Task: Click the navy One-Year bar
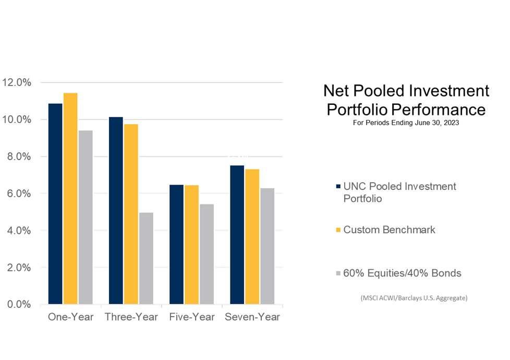pos(55,203)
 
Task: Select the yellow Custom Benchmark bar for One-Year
pos(70,198)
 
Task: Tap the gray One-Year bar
pos(85,217)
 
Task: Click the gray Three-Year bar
pos(146,258)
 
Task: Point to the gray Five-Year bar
pos(207,254)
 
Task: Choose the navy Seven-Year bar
pos(237,234)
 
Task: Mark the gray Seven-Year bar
pos(268,246)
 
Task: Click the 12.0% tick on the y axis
pos(17,82)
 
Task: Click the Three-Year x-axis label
pos(131,317)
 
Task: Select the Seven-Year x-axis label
pos(252,317)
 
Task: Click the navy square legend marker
pos(338,187)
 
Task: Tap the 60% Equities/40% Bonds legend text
pos(402,273)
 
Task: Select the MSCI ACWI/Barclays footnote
pos(414,298)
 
